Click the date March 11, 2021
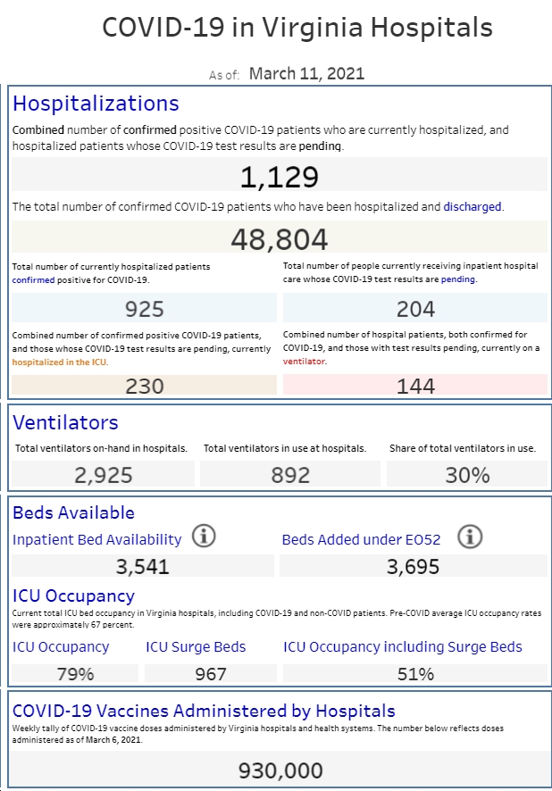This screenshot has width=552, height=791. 306,73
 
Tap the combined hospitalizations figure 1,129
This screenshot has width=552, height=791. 279,177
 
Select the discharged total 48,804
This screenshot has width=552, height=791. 279,239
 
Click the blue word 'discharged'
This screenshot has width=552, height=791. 473,207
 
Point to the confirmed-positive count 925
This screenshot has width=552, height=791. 145,309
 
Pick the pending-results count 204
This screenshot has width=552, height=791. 415,309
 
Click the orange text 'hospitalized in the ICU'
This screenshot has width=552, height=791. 60,362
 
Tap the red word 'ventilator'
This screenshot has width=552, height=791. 304,362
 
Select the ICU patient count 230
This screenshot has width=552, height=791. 145,386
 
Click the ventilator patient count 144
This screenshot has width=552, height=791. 415,386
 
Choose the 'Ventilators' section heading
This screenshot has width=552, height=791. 65,423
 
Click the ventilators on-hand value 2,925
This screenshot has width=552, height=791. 104,475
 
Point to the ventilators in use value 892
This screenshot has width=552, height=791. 290,475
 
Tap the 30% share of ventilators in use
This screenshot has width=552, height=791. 467,475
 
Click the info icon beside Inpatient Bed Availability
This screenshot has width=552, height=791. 204,536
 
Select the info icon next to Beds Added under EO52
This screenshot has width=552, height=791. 470,537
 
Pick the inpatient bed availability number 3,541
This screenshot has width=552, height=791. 142,567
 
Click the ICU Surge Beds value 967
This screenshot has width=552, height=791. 211,674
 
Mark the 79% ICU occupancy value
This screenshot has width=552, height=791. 75,674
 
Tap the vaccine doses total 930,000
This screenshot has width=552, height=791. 280,770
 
